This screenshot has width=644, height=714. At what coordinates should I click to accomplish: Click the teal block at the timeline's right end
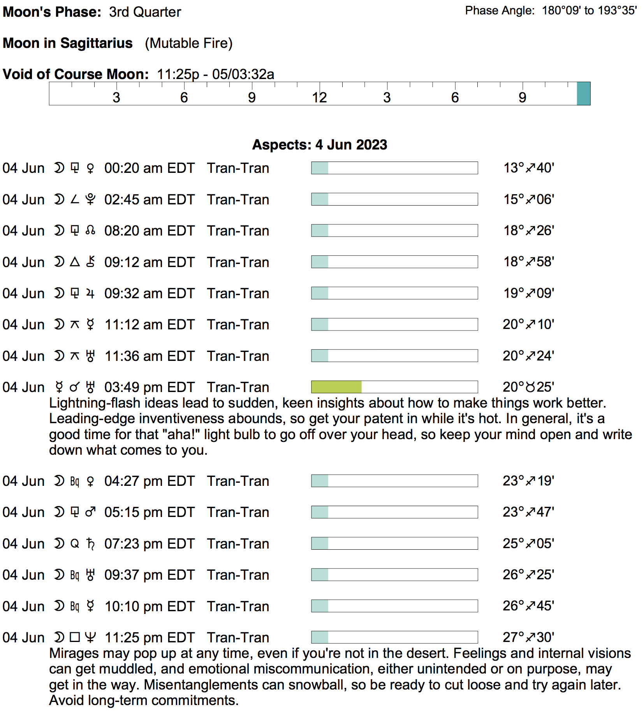pos(583,93)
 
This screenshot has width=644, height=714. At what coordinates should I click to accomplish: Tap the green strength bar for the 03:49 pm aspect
pos(336,387)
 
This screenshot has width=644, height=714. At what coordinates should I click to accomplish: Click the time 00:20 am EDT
pos(149,168)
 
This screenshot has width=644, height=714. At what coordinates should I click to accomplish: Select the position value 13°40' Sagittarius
pos(528,168)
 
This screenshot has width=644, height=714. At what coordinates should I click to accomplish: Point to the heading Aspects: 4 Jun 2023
pos(320,145)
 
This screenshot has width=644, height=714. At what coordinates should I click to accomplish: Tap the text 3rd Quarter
pos(145,12)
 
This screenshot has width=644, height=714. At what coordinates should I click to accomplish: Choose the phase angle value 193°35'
pos(617,11)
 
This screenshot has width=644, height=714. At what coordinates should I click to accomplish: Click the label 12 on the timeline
pos(319,98)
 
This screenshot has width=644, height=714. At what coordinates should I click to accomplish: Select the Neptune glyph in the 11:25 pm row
pos(90,637)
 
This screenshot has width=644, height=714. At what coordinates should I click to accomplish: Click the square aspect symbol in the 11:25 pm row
pos(75,637)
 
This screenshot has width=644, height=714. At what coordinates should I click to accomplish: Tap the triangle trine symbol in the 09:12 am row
pos(75,262)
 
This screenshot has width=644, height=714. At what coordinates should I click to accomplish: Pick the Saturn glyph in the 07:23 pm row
pos(90,543)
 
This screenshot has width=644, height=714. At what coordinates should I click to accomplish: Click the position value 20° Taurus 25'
pos(528,387)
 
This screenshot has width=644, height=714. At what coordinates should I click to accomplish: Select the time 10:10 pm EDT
pos(149,606)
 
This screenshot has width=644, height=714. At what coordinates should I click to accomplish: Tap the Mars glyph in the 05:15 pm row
pos(90,512)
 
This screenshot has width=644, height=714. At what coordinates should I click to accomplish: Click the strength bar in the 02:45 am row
pos(394,199)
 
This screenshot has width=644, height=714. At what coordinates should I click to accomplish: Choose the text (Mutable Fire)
pos(188,43)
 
